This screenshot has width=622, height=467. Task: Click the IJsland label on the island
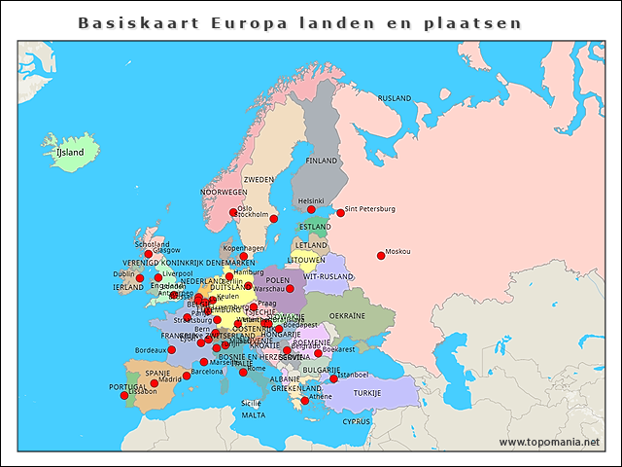point(71,152)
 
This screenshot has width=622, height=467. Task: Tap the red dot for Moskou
point(381,256)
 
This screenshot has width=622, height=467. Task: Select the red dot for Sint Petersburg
point(340,212)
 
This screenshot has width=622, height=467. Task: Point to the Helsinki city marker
point(311,209)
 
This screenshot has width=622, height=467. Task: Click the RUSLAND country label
point(395,98)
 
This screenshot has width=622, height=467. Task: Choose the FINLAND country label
point(322,161)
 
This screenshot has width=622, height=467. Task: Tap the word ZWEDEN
point(259,180)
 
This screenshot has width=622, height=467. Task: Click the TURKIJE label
point(367,393)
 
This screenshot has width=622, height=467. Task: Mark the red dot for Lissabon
point(123,395)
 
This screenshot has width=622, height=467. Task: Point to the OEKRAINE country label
point(347,315)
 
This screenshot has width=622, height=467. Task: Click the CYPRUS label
point(357,421)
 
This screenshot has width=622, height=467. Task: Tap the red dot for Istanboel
point(333,378)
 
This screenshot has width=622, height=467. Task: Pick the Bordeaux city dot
point(171,349)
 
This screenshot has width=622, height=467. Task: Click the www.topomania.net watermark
point(549,442)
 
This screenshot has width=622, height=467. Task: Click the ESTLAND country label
point(315,227)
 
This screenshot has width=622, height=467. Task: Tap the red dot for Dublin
point(140,278)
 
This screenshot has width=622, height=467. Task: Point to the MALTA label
point(253,414)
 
